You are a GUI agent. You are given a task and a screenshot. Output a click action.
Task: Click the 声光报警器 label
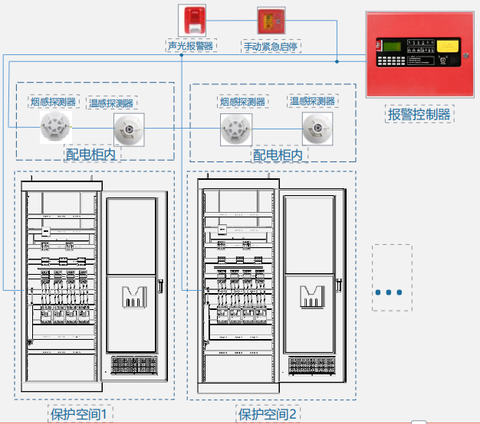tap(191, 46)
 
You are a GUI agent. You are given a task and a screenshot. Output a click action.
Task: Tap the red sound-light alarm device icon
tap(191, 18)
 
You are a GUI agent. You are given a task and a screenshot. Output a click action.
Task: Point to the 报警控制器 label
tap(419, 115)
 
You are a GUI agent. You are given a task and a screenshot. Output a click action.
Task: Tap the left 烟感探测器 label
tap(53, 101)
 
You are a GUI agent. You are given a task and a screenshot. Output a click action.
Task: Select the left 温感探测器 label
tap(111, 103)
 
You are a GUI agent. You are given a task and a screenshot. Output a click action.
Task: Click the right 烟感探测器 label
tap(242, 101)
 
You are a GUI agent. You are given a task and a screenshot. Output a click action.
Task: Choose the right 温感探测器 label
tap(312, 100)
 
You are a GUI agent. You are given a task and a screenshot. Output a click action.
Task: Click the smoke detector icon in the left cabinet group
tap(56, 127)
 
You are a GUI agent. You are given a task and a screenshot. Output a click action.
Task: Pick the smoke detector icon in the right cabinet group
tap(236, 129)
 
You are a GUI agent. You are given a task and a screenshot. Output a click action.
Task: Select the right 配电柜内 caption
tap(278, 155)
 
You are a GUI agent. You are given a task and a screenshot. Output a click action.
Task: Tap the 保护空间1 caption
tap(81, 414)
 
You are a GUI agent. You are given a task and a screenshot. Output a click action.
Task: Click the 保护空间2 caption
tap(267, 414)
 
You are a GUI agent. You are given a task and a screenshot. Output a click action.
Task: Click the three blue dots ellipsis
tap(391, 292)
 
